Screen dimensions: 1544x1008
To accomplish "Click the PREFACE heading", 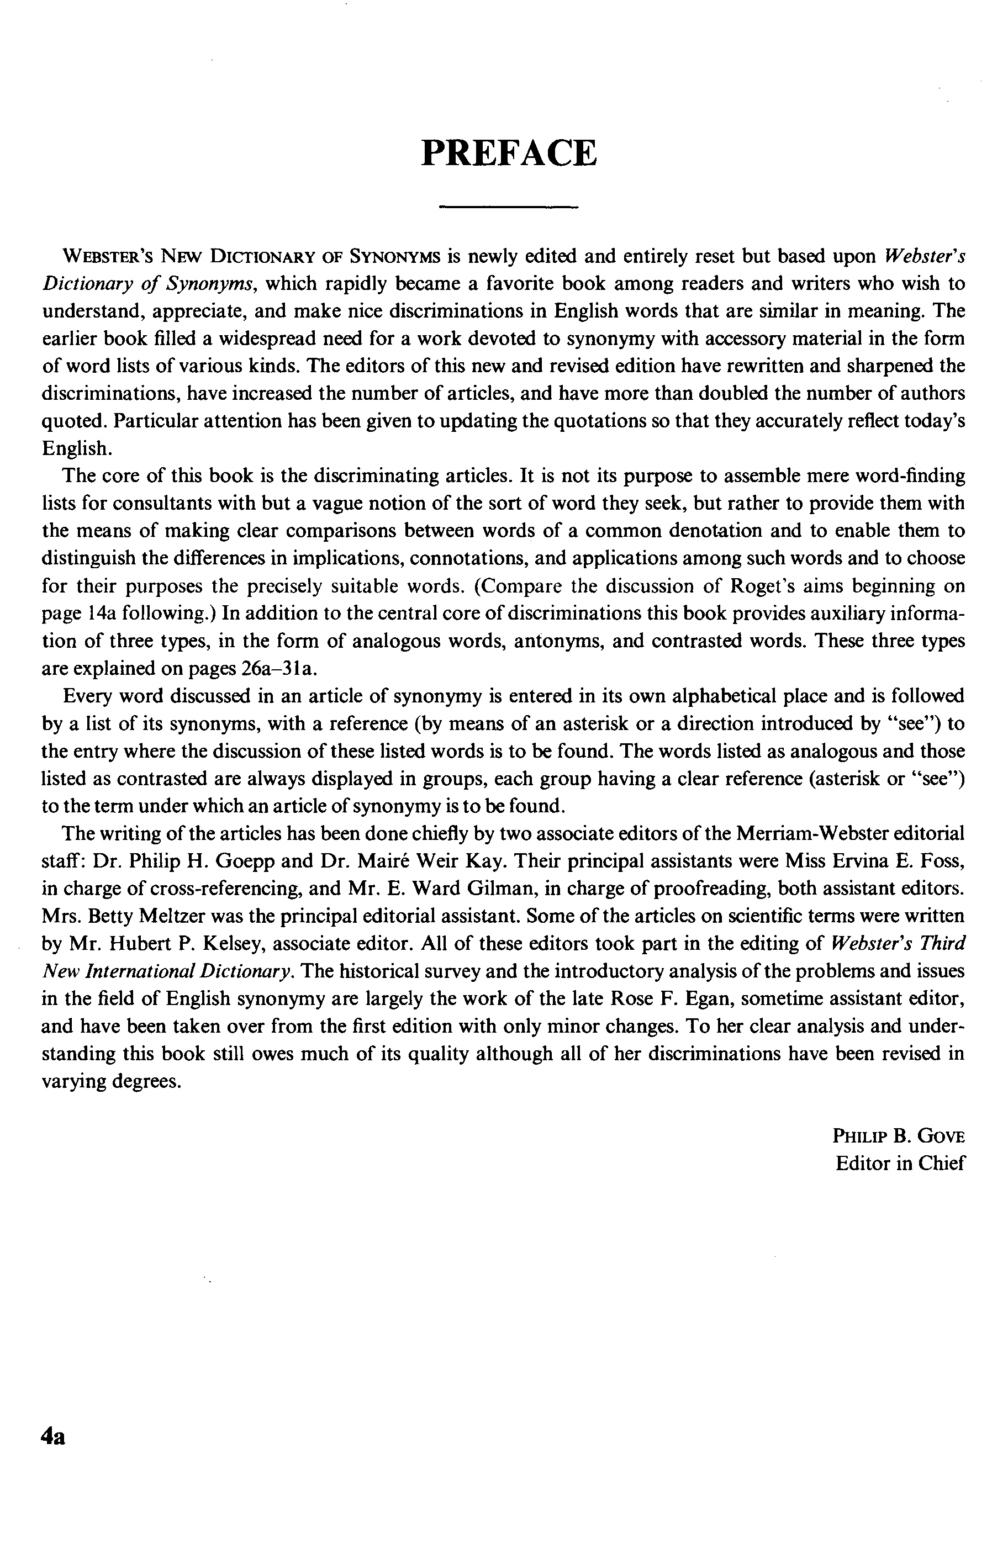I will (x=508, y=153).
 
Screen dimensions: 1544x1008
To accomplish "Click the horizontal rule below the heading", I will (x=508, y=207).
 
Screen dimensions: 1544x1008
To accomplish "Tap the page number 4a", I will (x=53, y=1436).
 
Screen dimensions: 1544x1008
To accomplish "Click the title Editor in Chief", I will (x=900, y=1163).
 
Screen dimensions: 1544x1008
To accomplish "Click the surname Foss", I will (x=942, y=861).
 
